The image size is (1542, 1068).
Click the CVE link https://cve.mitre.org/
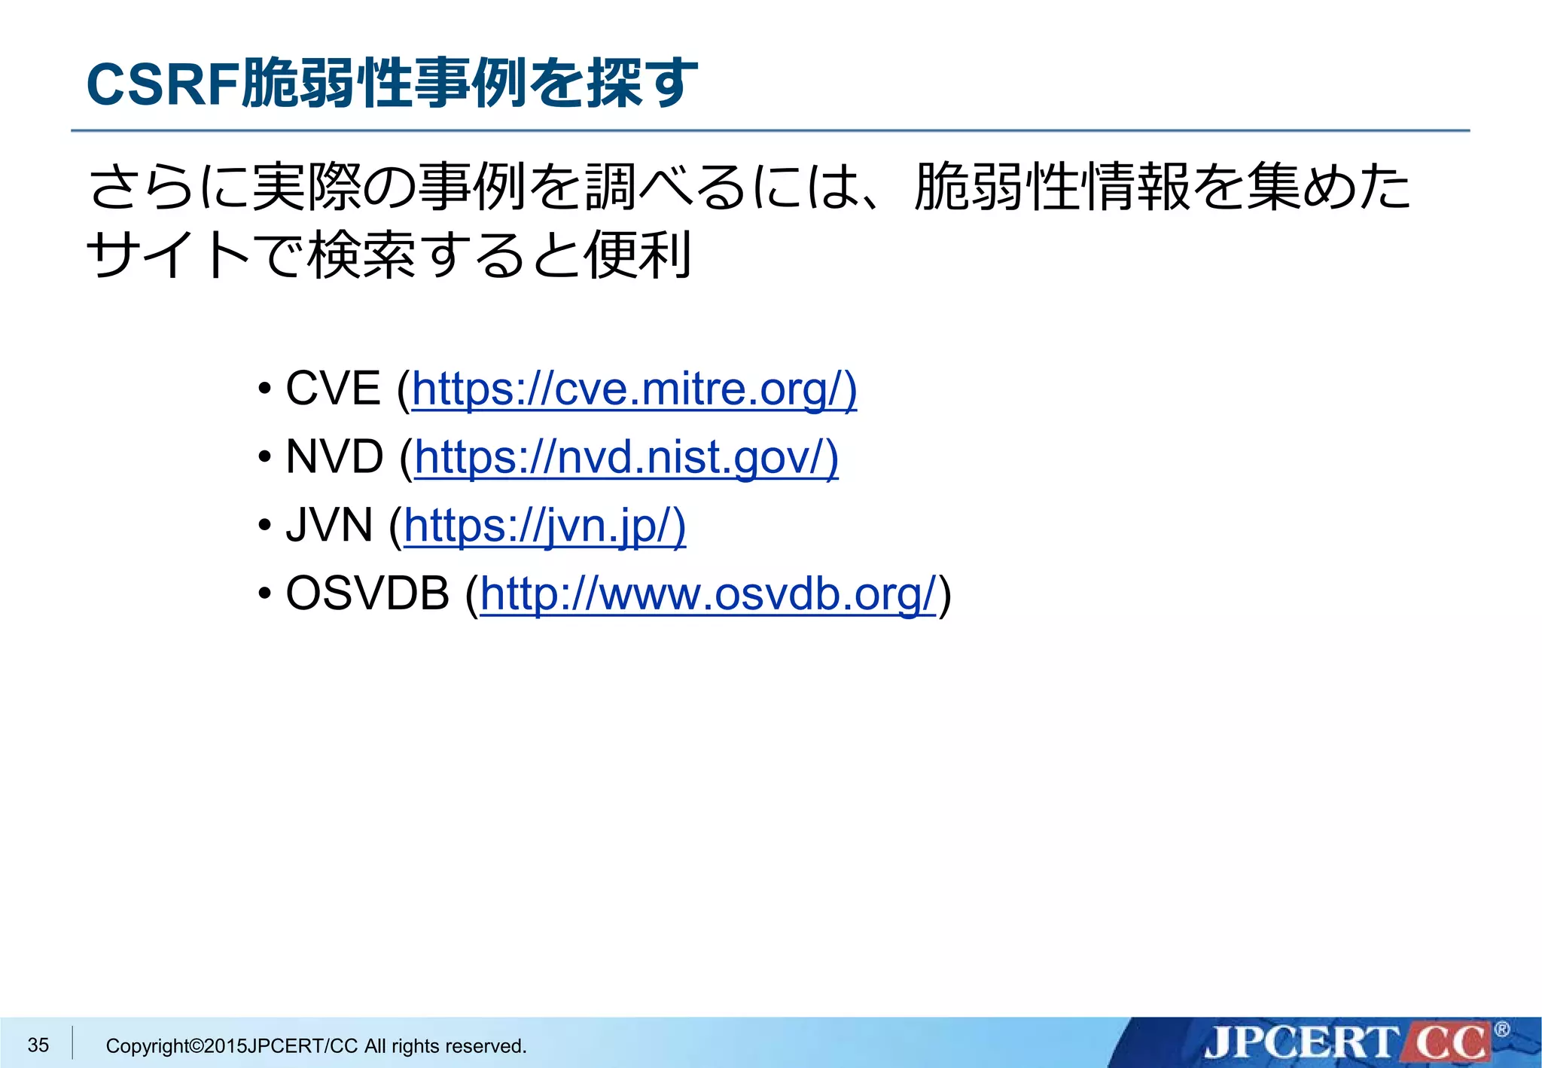coord(634,389)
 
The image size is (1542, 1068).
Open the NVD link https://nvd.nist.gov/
coord(626,457)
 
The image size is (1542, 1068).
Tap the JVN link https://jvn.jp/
coord(544,525)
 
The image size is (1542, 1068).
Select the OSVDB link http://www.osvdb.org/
coord(708,594)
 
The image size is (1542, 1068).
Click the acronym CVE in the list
coord(333,389)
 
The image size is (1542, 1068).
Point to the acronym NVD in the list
coord(334,457)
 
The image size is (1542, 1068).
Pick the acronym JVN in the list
coord(329,525)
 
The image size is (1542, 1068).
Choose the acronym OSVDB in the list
coord(367,594)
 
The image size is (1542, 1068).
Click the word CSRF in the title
coord(163,84)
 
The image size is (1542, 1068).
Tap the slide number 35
coord(38,1045)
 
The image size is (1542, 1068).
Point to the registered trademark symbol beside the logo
coord(1501,1030)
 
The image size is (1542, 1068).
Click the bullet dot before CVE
coord(264,391)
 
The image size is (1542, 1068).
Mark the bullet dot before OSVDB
coord(264,595)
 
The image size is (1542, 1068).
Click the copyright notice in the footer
coord(316,1045)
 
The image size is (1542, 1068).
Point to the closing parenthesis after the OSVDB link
coord(945,595)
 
